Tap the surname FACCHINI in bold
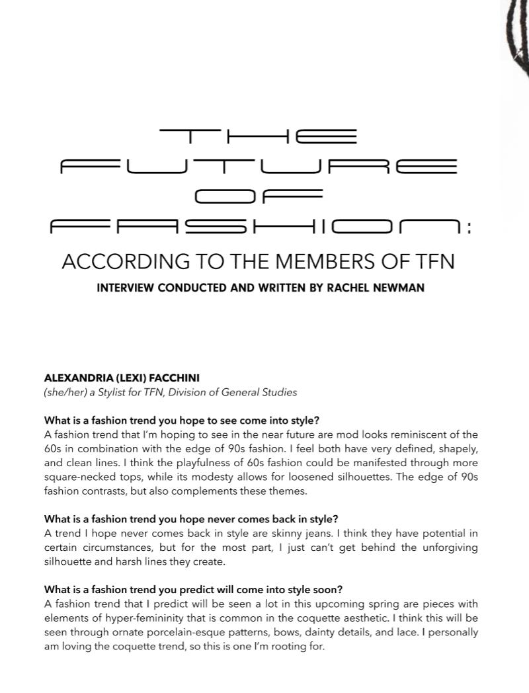click(x=171, y=379)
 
